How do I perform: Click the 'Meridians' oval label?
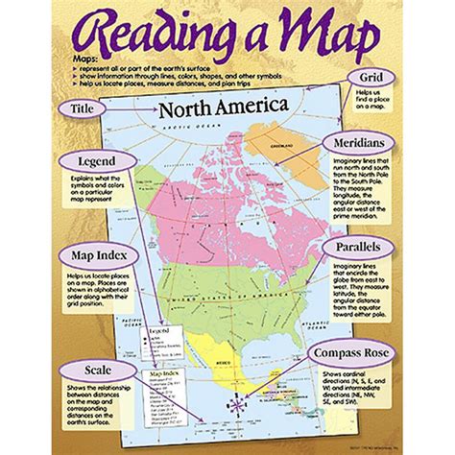click(365, 141)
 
